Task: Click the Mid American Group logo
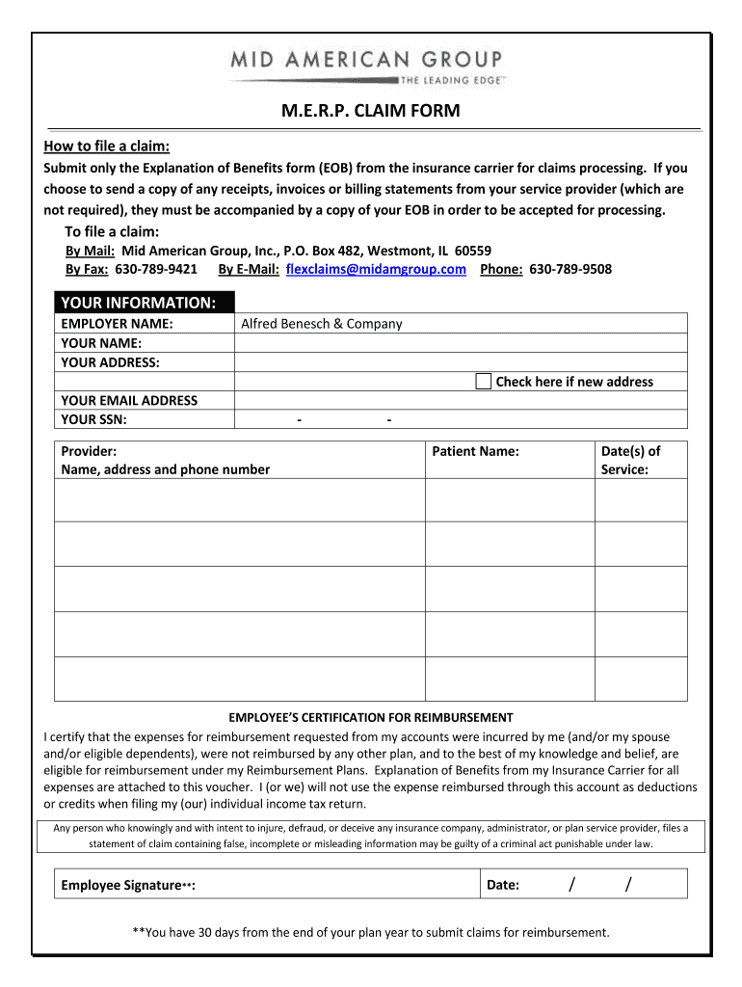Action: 370,67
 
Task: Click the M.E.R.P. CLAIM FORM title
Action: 371,111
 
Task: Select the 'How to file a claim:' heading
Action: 107,147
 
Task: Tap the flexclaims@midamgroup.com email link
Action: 377,269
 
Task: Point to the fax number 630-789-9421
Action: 156,269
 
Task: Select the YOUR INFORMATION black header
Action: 142,303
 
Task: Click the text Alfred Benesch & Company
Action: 321,324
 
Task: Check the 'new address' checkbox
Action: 483,381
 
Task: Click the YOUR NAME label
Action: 101,343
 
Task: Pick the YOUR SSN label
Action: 94,419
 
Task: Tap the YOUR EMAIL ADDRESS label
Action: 129,400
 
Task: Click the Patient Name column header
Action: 475,451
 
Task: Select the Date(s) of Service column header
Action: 630,460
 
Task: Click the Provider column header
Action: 90,451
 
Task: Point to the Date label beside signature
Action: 503,885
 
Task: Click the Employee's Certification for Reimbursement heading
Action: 371,717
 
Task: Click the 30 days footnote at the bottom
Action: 371,932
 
